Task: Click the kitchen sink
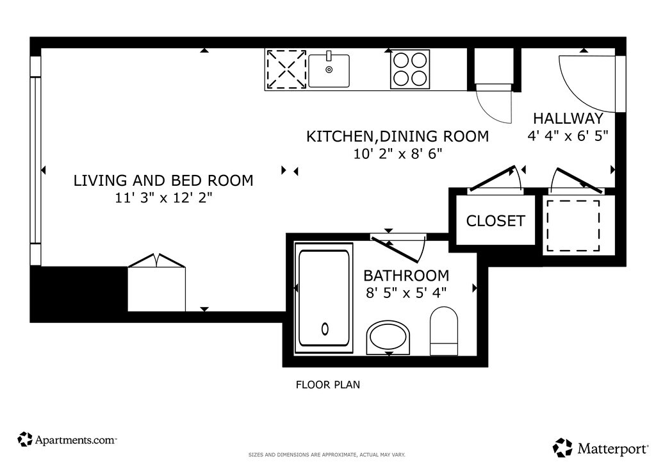[x=329, y=70]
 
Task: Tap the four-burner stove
[x=410, y=69]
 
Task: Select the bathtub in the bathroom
[x=324, y=298]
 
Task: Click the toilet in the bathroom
[x=443, y=331]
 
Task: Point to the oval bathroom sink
[x=388, y=337]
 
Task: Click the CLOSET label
[x=495, y=221]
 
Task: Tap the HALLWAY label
[x=568, y=119]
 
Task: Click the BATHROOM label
[x=406, y=276]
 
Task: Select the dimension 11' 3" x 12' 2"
[x=163, y=197]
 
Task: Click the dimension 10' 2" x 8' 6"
[x=398, y=154]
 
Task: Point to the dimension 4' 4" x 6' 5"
[x=568, y=136]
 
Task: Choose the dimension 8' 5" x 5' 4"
[x=406, y=293]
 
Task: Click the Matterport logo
[x=600, y=448]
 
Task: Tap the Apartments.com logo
[x=67, y=440]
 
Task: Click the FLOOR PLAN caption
[x=328, y=385]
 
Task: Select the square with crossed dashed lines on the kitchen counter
[x=286, y=69]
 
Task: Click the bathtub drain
[x=325, y=329]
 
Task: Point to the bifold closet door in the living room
[x=156, y=260]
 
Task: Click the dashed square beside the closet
[x=573, y=226]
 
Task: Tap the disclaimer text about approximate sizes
[x=327, y=455]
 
